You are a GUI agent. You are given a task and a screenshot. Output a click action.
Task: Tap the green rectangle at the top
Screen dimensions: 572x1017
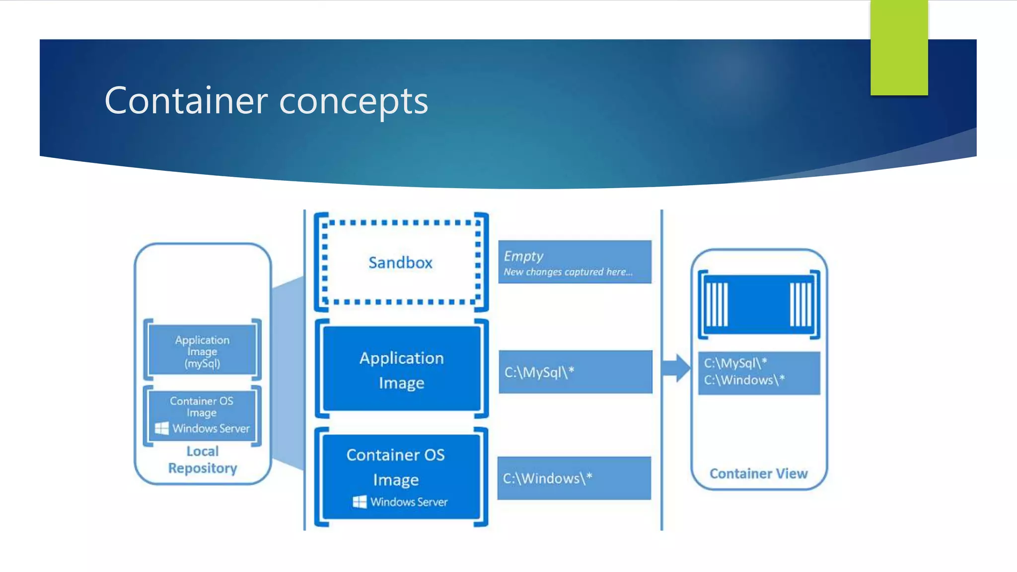(899, 47)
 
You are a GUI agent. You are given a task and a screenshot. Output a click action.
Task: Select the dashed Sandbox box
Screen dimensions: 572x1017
(401, 262)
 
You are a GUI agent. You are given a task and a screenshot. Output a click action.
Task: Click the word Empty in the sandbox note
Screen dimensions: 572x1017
(523, 256)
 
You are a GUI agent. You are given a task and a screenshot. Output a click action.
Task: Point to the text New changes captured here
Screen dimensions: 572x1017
(568, 272)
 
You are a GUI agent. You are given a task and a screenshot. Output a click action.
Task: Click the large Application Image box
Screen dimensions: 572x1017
(401, 369)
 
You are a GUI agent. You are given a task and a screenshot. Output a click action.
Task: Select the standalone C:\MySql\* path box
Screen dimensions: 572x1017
(575, 372)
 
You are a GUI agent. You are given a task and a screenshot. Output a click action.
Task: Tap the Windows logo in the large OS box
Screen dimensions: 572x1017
(360, 501)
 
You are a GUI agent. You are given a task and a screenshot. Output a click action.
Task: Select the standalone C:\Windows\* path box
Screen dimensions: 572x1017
(574, 478)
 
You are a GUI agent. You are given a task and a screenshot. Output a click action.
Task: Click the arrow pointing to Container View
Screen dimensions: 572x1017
(676, 368)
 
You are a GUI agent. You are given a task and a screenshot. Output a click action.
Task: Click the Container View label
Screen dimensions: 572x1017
(758, 474)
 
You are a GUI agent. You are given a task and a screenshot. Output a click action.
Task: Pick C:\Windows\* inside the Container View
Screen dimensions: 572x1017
(744, 380)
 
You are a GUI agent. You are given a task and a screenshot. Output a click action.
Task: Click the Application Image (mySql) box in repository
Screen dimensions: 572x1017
(202, 351)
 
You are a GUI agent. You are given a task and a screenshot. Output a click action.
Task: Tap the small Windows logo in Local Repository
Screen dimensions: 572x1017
(162, 428)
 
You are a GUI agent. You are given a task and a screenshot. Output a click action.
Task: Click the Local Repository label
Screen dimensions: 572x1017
(203, 460)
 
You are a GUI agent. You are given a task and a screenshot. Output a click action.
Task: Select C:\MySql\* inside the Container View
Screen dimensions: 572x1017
(735, 363)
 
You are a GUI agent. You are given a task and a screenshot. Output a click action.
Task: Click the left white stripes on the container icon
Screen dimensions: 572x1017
(717, 304)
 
